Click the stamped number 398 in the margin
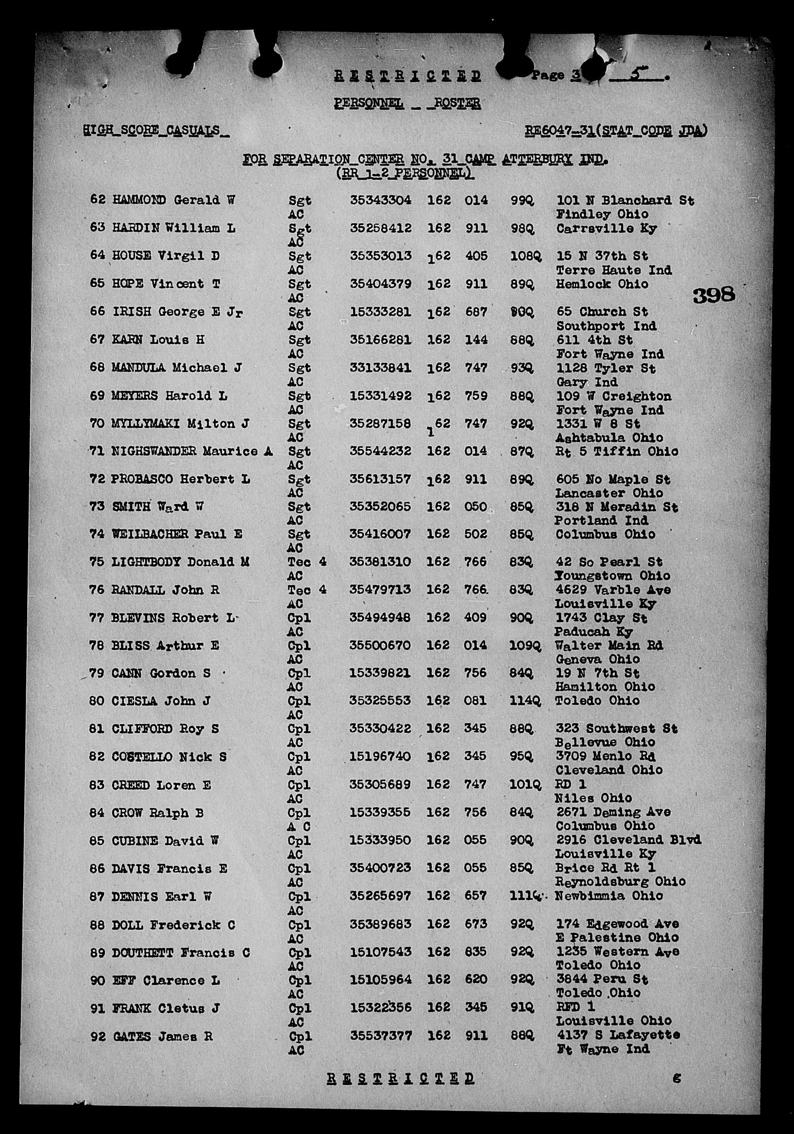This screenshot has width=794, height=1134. (x=713, y=295)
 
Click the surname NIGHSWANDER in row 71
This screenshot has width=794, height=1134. (x=154, y=452)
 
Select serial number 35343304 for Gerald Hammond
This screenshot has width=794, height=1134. (x=380, y=200)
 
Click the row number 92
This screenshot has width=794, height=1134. (x=97, y=1037)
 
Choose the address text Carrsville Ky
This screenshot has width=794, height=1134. (x=607, y=228)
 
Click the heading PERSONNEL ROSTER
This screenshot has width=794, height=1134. (x=407, y=103)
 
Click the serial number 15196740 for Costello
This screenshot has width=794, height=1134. (x=380, y=757)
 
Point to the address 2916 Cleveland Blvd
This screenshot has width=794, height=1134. (x=628, y=840)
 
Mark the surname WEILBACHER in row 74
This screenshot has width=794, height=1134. (x=150, y=534)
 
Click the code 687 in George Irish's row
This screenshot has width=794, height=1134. (x=475, y=312)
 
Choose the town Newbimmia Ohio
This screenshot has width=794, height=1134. (x=609, y=896)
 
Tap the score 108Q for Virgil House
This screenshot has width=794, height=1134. (x=525, y=256)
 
